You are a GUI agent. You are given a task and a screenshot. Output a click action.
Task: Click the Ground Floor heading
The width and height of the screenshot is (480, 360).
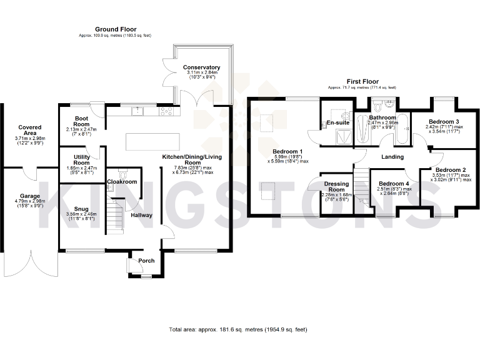click(x=116, y=29)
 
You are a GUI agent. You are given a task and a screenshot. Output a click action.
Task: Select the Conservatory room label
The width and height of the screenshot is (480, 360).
click(x=201, y=67)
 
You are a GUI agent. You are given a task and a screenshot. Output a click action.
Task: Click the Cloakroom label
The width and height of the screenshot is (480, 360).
click(x=121, y=181)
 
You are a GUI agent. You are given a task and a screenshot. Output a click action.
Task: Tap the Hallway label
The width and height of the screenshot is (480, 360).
click(x=142, y=215)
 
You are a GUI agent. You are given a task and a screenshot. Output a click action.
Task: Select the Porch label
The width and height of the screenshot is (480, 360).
click(x=146, y=261)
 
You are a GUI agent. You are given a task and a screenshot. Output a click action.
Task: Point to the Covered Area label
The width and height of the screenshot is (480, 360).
click(x=29, y=130)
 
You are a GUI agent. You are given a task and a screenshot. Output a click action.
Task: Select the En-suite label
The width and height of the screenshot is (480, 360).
click(x=338, y=123)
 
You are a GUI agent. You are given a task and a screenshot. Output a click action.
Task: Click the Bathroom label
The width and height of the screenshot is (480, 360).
click(x=382, y=117)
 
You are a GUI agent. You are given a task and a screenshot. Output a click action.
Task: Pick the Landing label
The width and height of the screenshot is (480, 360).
click(x=392, y=157)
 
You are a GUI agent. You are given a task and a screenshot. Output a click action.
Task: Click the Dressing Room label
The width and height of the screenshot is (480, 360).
click(x=336, y=186)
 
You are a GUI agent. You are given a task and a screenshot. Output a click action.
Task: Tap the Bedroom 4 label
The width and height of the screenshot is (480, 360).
click(x=394, y=184)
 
